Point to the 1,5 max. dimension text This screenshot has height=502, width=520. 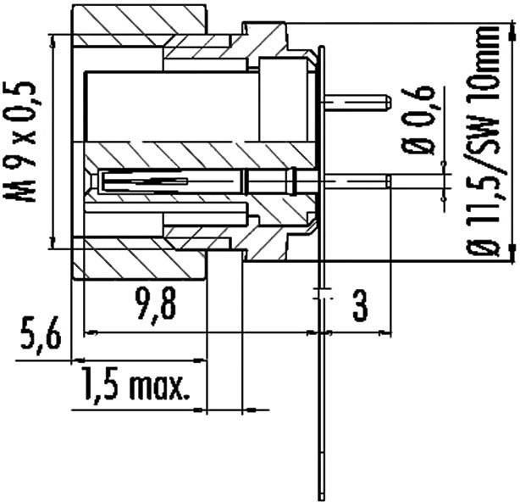[136, 388]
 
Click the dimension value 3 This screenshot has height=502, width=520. [360, 305]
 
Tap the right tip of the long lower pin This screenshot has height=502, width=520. [388, 179]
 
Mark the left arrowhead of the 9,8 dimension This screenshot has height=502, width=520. [89, 331]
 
